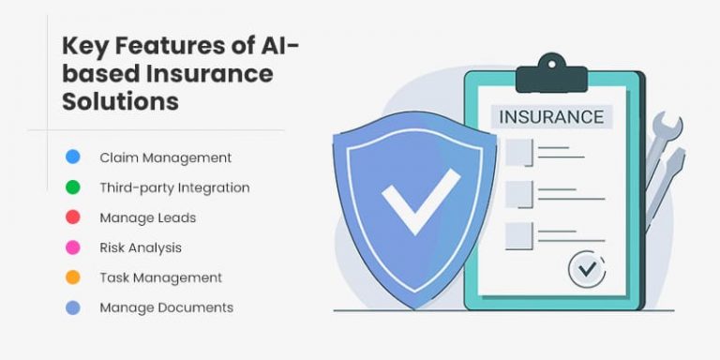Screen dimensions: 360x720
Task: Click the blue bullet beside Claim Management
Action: click(x=73, y=157)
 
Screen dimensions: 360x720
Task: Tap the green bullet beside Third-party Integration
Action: click(x=73, y=187)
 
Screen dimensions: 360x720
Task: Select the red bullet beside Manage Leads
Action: click(x=73, y=217)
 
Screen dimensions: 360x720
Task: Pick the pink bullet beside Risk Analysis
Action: click(x=73, y=247)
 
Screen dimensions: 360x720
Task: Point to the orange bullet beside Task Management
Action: click(x=73, y=277)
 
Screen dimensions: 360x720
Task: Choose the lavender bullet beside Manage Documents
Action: click(x=73, y=307)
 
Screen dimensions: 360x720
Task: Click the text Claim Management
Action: click(x=165, y=157)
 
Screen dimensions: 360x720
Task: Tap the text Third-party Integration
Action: click(x=174, y=187)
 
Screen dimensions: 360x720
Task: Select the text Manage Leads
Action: click(x=147, y=217)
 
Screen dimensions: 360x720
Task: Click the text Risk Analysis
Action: click(x=141, y=247)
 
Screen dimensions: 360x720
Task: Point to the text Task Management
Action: click(x=160, y=277)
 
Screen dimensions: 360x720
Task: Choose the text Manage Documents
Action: click(x=166, y=307)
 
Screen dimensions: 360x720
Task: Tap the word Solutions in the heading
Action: click(x=120, y=101)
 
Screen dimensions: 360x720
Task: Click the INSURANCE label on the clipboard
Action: click(x=551, y=117)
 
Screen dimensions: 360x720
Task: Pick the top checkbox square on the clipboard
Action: click(x=518, y=151)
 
